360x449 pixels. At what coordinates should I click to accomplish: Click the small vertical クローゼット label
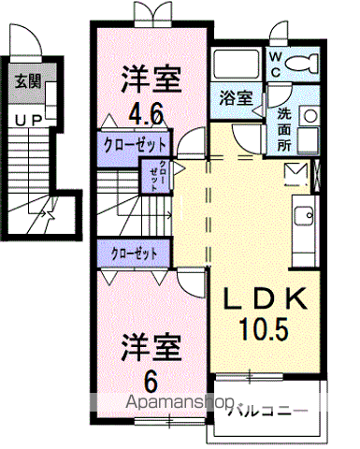[159, 175]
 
